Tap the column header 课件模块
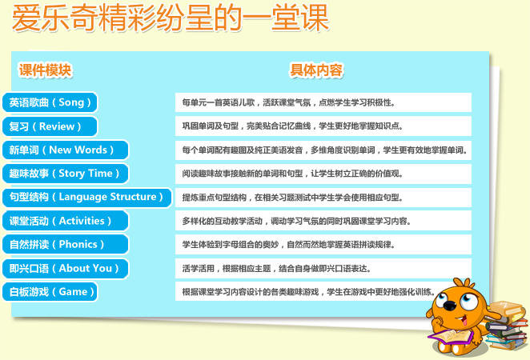pos(46,70)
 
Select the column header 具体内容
pos(316,70)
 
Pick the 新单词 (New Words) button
pos(64,150)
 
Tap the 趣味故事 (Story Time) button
pos(64,174)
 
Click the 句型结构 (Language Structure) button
pos(86,197)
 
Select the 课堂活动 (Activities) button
pos(64,221)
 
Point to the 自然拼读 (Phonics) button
pos(64,244)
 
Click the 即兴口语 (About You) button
pos(64,268)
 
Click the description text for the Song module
pos(289,103)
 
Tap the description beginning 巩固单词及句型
pos(293,126)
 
